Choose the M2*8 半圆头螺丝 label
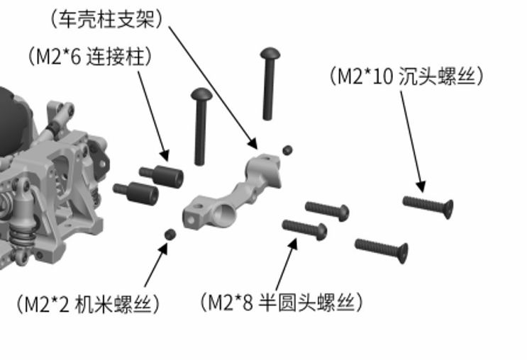[282, 303]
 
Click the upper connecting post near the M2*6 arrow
[162, 174]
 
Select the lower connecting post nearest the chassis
[135, 191]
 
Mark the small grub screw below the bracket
[170, 235]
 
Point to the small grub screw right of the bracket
[287, 150]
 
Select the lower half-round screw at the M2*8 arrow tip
[305, 229]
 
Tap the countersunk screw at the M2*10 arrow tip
[428, 206]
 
